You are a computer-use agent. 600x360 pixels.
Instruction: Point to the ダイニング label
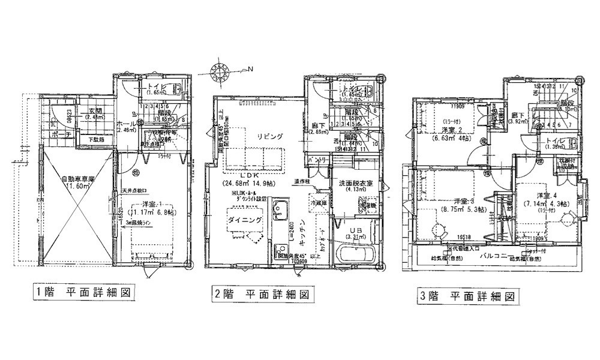tap(244, 221)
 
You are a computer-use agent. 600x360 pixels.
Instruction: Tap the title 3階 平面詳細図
tap(466, 296)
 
